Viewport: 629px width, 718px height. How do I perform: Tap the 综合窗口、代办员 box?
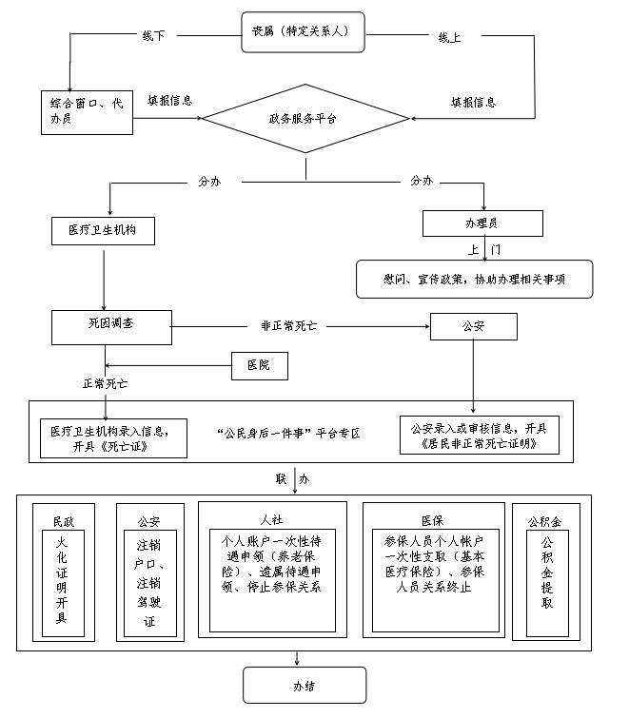tap(87, 108)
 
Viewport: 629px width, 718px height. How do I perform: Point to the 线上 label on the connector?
tap(450, 37)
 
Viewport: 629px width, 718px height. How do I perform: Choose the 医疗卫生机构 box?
tap(103, 231)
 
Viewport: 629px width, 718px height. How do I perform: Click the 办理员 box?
tap(482, 223)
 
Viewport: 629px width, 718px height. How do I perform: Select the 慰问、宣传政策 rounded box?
tap(474, 279)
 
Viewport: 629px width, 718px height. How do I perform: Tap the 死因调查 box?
tap(110, 325)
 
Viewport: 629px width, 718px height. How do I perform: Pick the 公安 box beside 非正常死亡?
tap(473, 327)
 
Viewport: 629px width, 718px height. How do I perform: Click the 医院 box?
tap(259, 364)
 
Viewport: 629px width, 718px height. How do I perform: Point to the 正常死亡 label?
tap(106, 384)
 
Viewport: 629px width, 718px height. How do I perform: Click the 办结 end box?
tap(305, 685)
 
